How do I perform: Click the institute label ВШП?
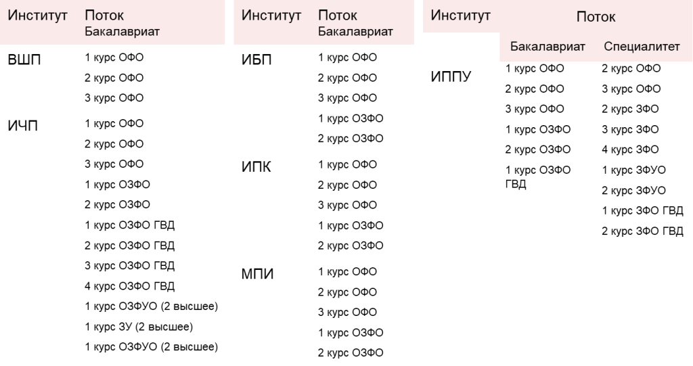tap(24, 60)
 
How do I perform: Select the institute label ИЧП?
tap(22, 126)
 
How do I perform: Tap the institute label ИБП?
tap(256, 60)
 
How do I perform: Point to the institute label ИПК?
tap(256, 166)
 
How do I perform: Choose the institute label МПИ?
tap(258, 274)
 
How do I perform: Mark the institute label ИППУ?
tap(451, 76)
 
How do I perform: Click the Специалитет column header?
tap(642, 47)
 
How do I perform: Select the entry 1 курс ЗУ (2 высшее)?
tap(139, 327)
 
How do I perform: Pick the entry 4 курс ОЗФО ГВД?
tap(129, 286)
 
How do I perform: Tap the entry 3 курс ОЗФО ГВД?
tap(129, 266)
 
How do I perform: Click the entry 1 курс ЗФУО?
tap(633, 170)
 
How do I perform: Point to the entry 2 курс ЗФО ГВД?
tap(643, 231)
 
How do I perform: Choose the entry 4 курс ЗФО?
tap(630, 150)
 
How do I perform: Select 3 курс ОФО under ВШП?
tap(114, 97)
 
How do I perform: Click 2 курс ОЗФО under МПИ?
tap(351, 352)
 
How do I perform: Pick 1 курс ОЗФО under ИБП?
tap(351, 118)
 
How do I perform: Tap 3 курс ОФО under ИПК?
tap(347, 205)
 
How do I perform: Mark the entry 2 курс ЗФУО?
tap(633, 191)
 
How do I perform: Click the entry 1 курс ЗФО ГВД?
tap(643, 211)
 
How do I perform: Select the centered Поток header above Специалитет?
tap(596, 17)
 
